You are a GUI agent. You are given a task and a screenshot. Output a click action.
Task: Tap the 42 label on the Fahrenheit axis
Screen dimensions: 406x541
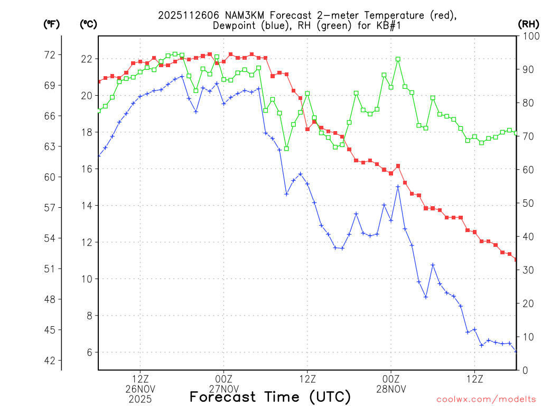pos(49,361)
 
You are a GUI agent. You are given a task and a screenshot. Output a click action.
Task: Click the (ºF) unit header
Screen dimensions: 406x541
pos(51,24)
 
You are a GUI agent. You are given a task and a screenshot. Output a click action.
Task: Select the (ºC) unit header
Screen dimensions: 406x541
pos(88,24)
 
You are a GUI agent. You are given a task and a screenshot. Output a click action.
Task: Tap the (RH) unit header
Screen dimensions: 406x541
pos(528,24)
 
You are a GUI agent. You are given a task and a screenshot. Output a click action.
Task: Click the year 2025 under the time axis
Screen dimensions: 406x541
pos(140,399)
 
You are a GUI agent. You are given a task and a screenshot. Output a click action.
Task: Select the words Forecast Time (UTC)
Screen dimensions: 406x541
pos(270,396)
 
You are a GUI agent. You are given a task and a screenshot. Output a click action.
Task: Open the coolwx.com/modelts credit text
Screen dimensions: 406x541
pos(486,400)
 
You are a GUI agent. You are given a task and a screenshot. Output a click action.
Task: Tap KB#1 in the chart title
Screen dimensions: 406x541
pos(388,26)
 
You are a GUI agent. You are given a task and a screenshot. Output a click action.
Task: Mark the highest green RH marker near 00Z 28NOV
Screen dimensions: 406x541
pos(398,59)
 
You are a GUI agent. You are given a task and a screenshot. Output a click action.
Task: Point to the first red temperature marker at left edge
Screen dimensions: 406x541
pos(99,81)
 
